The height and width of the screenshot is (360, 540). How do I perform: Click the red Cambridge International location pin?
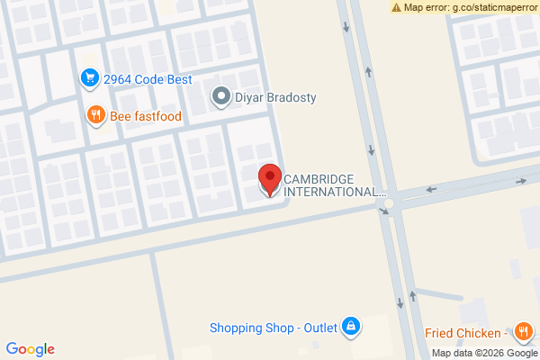click(x=269, y=179)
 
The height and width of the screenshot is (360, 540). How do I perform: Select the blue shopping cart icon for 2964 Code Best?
click(x=89, y=79)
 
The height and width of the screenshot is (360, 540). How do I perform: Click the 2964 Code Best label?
click(x=148, y=79)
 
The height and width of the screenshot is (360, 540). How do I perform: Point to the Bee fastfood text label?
click(x=146, y=115)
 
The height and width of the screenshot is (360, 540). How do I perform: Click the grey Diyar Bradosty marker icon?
click(x=220, y=97)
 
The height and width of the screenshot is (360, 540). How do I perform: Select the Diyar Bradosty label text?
click(x=275, y=97)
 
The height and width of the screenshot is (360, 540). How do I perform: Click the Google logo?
click(x=30, y=349)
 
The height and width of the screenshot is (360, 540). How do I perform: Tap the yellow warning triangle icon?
click(x=397, y=7)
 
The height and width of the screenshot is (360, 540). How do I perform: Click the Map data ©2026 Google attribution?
click(x=483, y=352)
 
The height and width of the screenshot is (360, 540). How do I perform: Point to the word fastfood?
click(x=158, y=115)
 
